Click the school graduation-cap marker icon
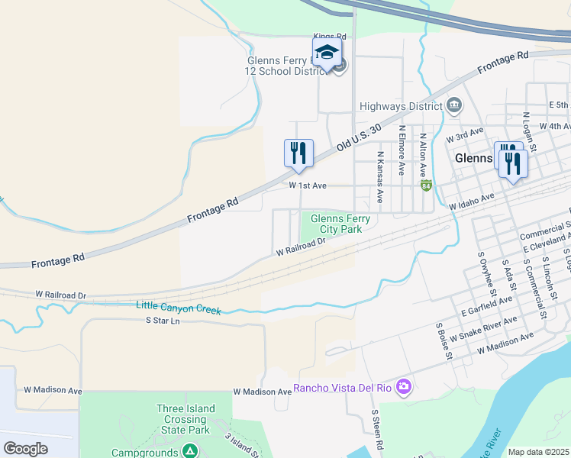point(327,53)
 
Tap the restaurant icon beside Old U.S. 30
point(298,152)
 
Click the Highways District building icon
point(454,105)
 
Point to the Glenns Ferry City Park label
point(340,224)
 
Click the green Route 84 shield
point(426,185)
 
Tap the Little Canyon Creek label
point(179,308)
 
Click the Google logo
point(26,448)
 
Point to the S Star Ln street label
point(162,321)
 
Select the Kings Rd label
point(330,36)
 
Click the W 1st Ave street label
point(308,185)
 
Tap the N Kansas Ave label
point(379,176)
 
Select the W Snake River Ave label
point(482,329)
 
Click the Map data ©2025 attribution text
point(539,452)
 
